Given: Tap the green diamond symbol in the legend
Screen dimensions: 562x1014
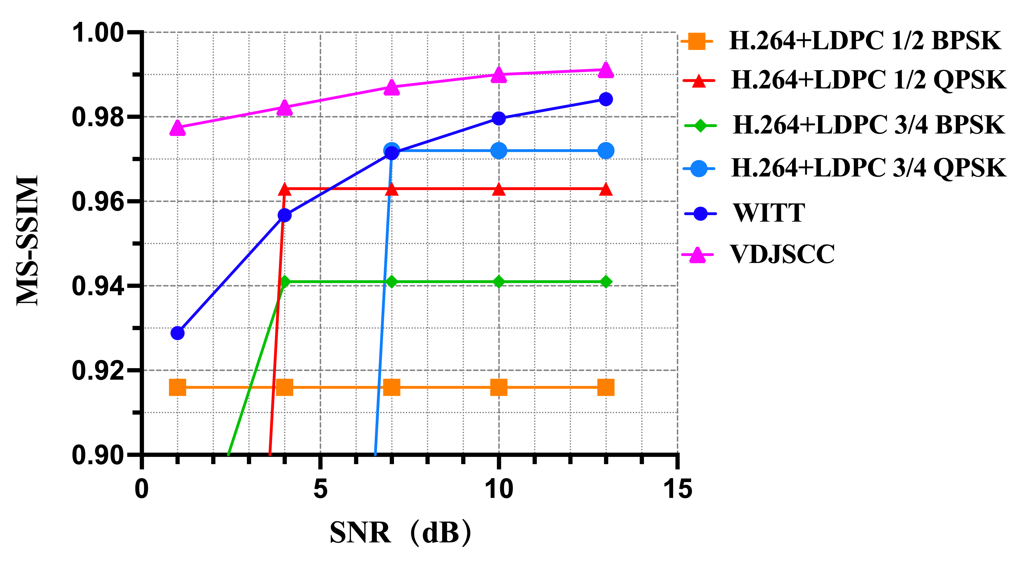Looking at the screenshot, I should coord(700,126).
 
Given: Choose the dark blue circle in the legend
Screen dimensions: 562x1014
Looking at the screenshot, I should coord(700,214).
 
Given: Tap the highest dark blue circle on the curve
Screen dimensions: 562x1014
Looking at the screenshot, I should coord(606,99).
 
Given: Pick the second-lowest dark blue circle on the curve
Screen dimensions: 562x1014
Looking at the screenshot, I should coord(285,215).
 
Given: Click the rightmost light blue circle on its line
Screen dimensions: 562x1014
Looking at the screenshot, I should coord(606,151).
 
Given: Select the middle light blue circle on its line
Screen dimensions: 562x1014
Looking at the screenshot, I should coord(499,151).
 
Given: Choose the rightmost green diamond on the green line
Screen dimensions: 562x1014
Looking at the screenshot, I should coord(606,282).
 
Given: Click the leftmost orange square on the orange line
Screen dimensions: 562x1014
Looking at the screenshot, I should coord(177,387).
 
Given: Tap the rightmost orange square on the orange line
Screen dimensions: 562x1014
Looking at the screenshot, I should coord(606,387).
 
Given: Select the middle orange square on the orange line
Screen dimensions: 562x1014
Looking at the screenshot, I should coord(392,387).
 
